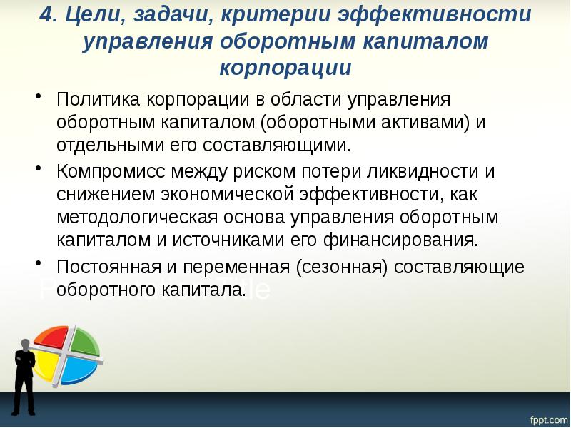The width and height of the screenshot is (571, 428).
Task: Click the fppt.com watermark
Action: click(547, 415)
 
